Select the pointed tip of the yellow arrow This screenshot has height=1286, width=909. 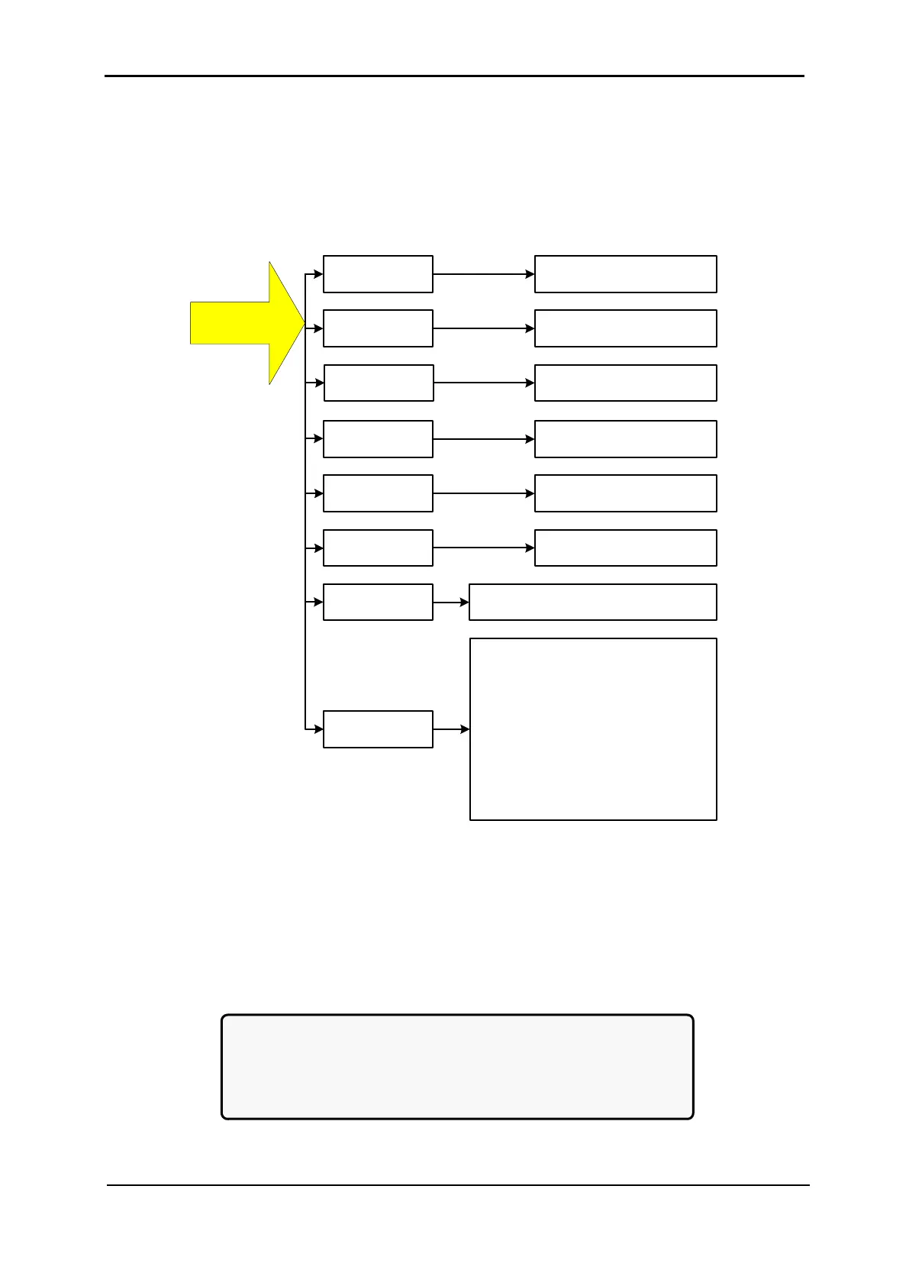pos(303,324)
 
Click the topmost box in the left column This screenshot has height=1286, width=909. pos(378,274)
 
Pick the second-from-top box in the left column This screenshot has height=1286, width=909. pos(378,328)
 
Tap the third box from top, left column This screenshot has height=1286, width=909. pos(379,383)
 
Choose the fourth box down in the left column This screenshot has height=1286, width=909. pos(378,439)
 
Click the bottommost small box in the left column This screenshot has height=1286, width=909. pos(378,729)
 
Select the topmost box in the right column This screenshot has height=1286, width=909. pos(625,274)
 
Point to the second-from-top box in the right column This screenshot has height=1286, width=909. pos(625,328)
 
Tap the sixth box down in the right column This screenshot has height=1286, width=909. pos(625,548)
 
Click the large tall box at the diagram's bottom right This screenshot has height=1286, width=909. pos(593,729)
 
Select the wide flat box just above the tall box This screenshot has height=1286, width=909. pos(592,602)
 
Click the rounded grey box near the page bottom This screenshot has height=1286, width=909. pos(457,1067)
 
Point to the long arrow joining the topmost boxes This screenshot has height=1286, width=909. pos(483,274)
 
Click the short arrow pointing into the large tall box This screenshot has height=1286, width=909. pos(451,729)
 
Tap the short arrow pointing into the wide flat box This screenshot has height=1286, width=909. pos(451,603)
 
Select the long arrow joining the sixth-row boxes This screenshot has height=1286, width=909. pos(483,548)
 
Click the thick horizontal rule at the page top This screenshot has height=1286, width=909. pos(454,76)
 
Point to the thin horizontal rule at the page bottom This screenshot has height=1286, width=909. pos(457,1185)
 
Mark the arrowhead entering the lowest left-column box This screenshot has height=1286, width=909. pos(318,729)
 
